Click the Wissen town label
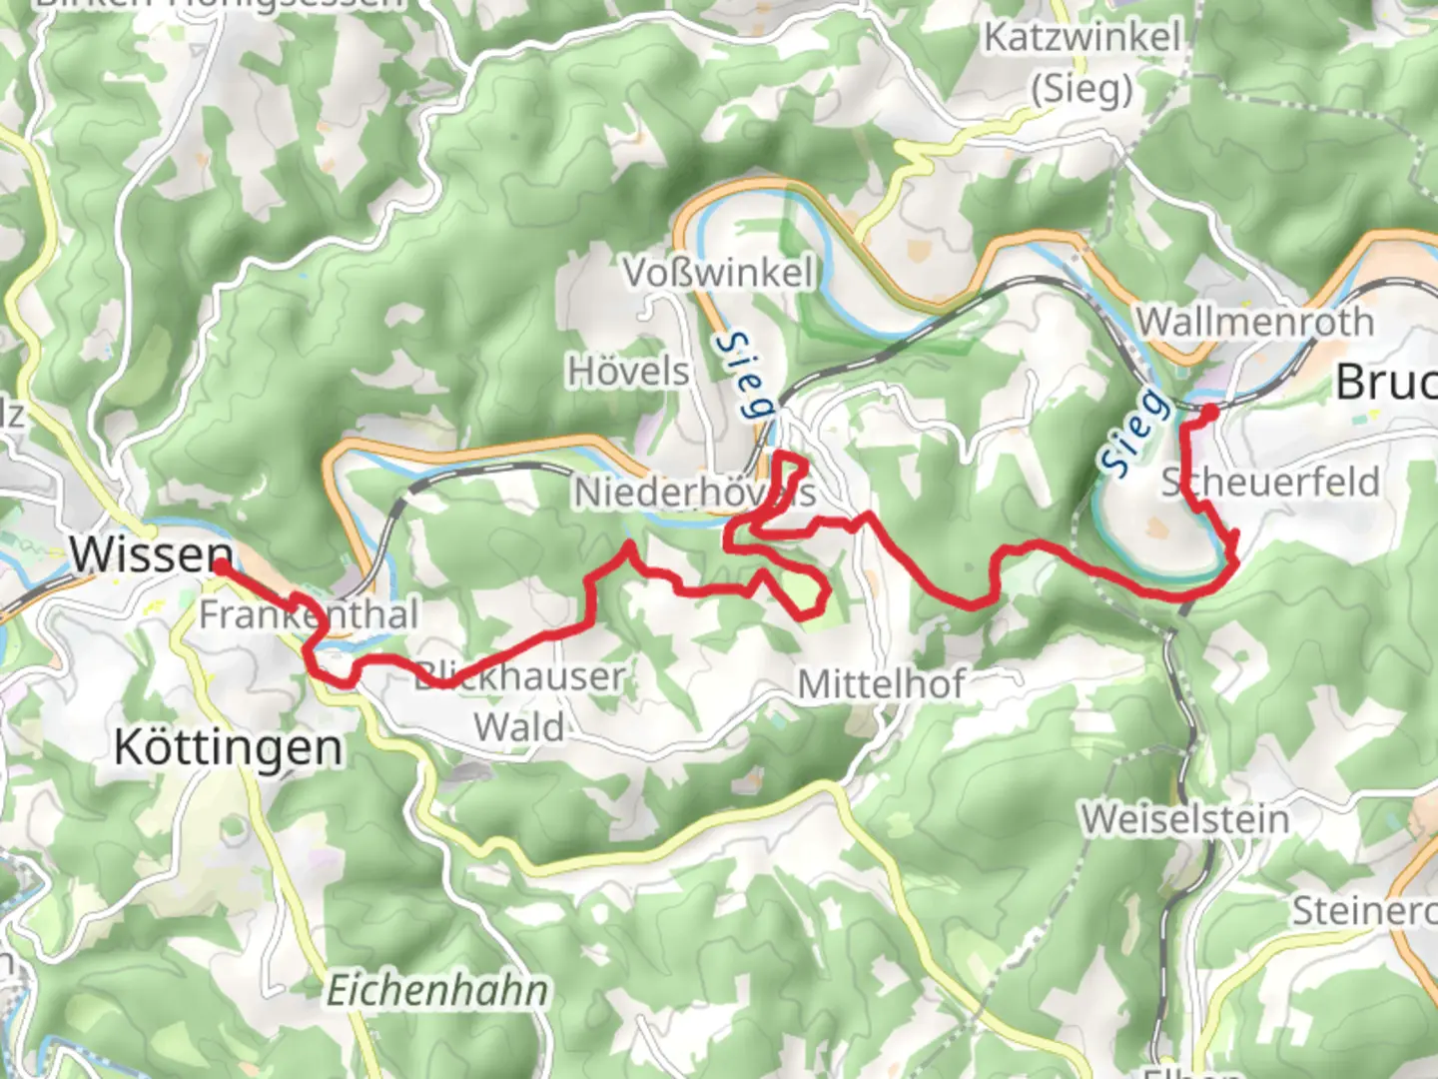click(x=151, y=553)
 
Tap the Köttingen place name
click(x=228, y=747)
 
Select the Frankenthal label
click(x=308, y=614)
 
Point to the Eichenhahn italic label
click(x=437, y=991)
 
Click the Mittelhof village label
click(x=881, y=684)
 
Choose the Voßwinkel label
click(x=719, y=272)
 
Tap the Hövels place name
click(x=628, y=372)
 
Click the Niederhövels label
click(x=694, y=492)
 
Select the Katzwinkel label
click(x=1082, y=38)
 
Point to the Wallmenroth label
click(x=1255, y=322)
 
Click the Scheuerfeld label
click(x=1270, y=482)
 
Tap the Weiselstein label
click(x=1185, y=819)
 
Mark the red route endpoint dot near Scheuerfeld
click(x=1208, y=412)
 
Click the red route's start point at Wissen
click(x=219, y=566)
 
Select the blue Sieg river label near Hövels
click(x=745, y=375)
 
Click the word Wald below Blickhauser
click(x=519, y=727)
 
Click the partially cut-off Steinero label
click(x=1364, y=911)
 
